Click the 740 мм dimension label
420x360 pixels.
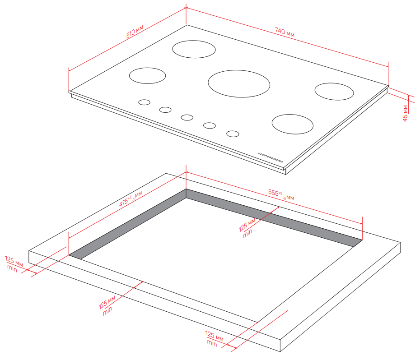[x=285, y=32]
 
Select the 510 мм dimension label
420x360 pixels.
[x=135, y=32]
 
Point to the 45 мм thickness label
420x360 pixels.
[x=405, y=113]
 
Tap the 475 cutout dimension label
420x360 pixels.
[x=131, y=199]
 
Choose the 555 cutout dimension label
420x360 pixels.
[x=281, y=194]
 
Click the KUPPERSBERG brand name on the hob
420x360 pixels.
[x=270, y=157]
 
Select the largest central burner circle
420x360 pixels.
[x=239, y=84]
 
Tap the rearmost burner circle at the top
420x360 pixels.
[x=194, y=49]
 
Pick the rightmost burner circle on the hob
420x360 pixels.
[x=334, y=92]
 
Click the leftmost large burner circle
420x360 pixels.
[x=147, y=75]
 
